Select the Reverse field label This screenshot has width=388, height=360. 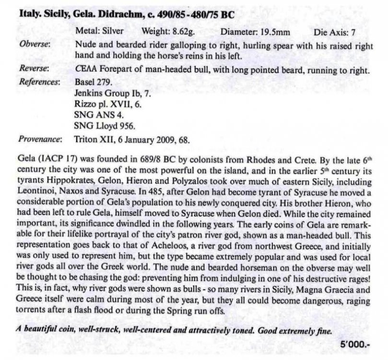33,70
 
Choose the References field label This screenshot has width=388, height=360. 39,82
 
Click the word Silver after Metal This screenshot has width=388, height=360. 113,32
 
